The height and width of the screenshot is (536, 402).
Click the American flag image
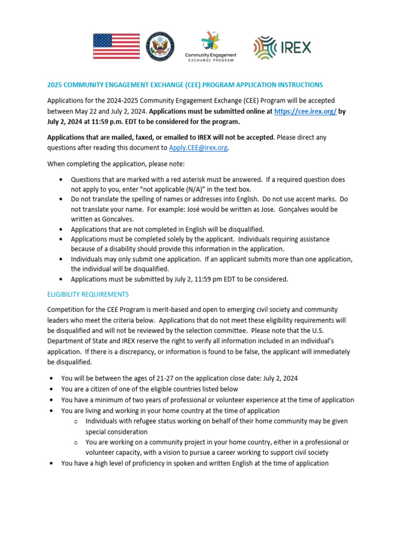pyautogui.click(x=116, y=46)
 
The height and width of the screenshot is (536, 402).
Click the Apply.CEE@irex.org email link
pyautogui.click(x=198, y=148)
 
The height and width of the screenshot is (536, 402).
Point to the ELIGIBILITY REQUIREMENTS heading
pyautogui.click(x=88, y=294)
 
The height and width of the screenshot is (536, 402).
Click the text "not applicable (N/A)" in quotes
pyautogui.click(x=162, y=189)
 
